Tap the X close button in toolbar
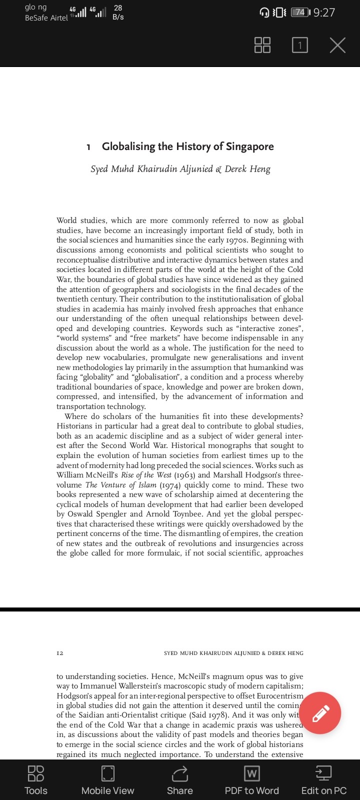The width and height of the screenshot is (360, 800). click(337, 45)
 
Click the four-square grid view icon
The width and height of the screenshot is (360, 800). click(262, 45)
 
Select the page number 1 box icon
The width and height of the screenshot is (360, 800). click(299, 45)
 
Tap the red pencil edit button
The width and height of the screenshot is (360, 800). click(320, 713)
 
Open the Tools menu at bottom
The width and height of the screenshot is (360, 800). click(36, 780)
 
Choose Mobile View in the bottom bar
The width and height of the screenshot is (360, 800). click(107, 780)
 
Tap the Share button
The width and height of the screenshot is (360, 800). click(179, 780)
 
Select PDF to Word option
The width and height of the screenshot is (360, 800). click(251, 780)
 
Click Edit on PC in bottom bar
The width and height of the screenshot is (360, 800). click(323, 780)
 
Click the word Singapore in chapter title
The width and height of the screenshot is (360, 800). click(249, 146)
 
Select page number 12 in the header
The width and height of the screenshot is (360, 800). click(60, 653)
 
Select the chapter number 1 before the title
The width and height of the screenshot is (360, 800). click(88, 147)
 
